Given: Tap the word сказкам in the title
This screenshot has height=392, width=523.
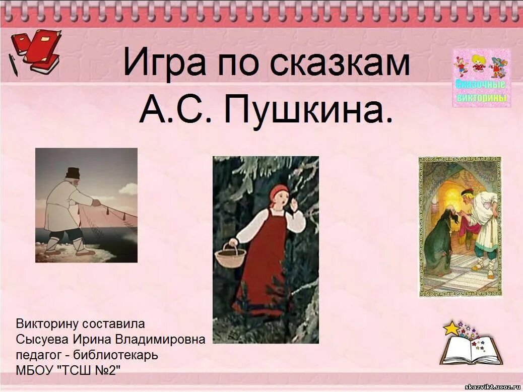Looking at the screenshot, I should pyautogui.click(x=340, y=62).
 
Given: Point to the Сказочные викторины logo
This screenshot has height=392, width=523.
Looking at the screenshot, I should pyautogui.click(x=481, y=78).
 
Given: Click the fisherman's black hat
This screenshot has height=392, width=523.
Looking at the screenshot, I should pyautogui.click(x=73, y=173).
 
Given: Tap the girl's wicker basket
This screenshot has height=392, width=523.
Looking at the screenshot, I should pyautogui.click(x=230, y=255).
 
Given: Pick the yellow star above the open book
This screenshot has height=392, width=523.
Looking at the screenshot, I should pyautogui.click(x=451, y=328).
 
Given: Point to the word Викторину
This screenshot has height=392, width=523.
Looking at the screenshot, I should pyautogui.click(x=46, y=323).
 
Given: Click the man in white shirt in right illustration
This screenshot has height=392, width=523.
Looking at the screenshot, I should pyautogui.click(x=483, y=222).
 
